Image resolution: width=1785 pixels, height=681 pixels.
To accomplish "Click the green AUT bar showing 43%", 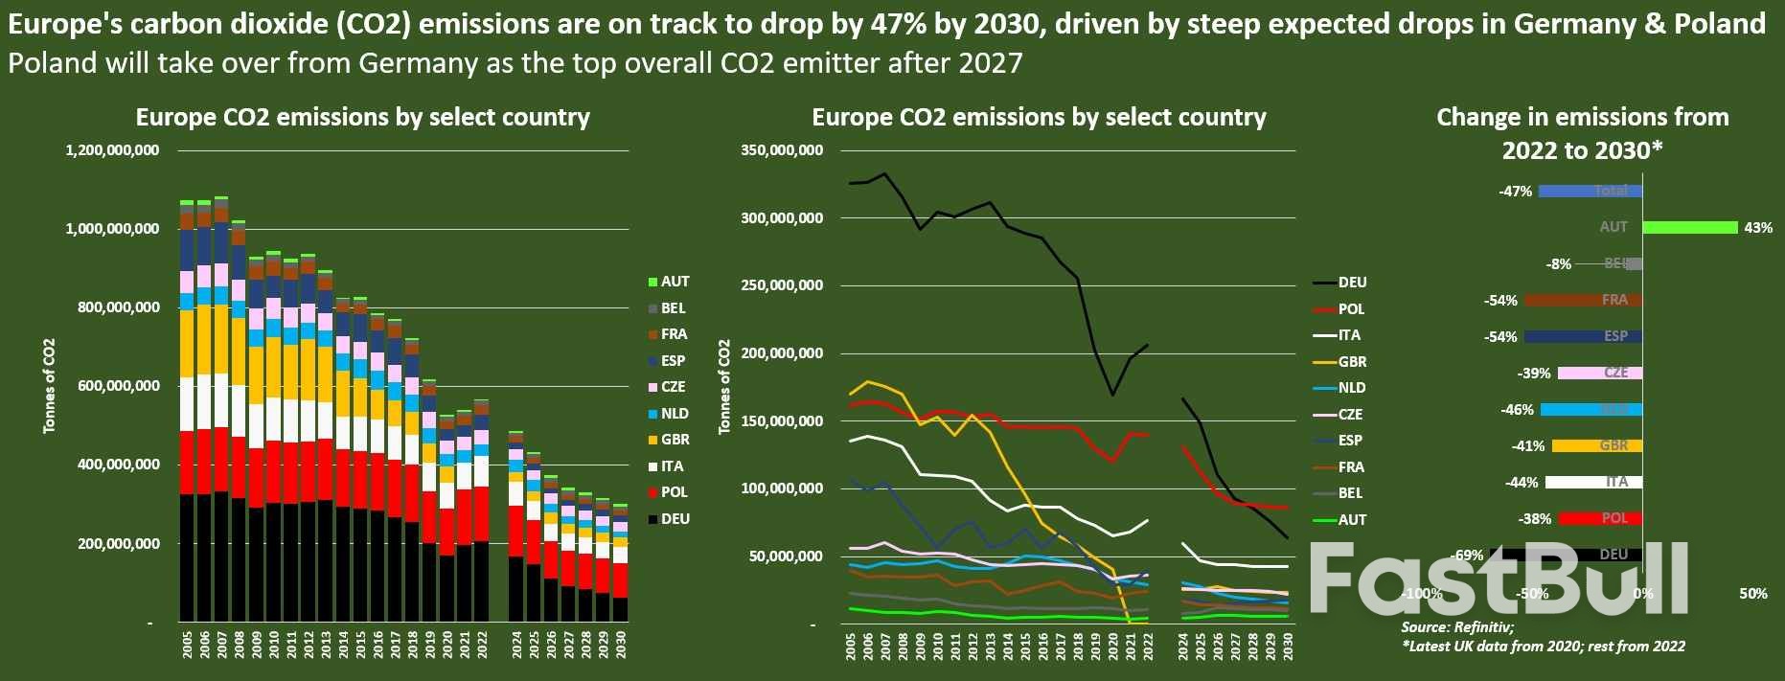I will tap(1689, 228).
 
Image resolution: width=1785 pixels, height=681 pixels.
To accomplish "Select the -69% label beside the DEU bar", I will tap(1468, 556).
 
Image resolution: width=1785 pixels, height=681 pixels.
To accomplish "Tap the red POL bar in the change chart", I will tap(1600, 519).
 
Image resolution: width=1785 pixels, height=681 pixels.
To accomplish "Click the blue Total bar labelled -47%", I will tap(1590, 192).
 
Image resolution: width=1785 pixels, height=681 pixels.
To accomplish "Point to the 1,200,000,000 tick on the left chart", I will tap(112, 150).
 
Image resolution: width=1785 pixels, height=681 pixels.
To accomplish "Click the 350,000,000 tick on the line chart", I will tap(781, 150).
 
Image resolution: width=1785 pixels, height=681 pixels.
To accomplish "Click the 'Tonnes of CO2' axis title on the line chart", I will tap(724, 386).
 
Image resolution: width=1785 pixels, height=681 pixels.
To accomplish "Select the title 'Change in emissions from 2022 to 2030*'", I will tap(1582, 133).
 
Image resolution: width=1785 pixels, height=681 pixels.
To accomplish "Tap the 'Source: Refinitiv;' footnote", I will tap(1456, 627).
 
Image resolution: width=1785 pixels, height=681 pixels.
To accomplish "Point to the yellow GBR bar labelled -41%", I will tap(1596, 446).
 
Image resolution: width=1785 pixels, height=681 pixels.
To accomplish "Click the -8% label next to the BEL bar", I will tap(1559, 264).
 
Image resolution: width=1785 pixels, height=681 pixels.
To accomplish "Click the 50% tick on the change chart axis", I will tap(1752, 594).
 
